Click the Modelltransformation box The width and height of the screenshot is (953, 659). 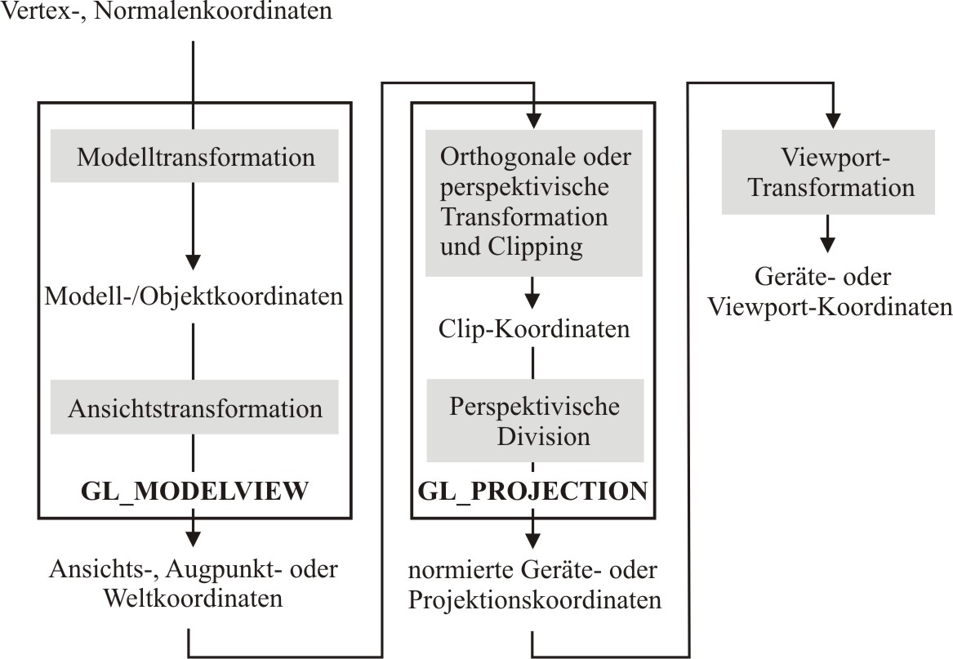[194, 156]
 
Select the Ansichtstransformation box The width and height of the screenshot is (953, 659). [194, 407]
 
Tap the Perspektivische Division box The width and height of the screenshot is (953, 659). [535, 421]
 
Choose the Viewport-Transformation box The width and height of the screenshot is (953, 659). [828, 172]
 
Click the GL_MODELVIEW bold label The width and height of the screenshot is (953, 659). [194, 491]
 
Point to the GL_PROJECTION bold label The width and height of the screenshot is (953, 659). [533, 491]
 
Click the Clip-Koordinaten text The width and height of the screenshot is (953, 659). [534, 329]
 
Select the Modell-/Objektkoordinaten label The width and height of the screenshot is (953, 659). [194, 296]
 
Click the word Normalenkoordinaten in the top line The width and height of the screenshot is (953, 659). [213, 11]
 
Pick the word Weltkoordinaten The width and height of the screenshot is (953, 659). [194, 599]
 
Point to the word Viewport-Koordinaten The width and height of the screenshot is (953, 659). [831, 306]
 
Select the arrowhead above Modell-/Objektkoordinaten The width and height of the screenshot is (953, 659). [194, 262]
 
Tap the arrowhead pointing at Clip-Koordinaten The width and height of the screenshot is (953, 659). [532, 301]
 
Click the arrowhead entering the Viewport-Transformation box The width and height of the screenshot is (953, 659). [833, 120]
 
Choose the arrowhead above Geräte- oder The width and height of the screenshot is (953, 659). [827, 244]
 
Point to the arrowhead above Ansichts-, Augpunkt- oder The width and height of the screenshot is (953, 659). [193, 539]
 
